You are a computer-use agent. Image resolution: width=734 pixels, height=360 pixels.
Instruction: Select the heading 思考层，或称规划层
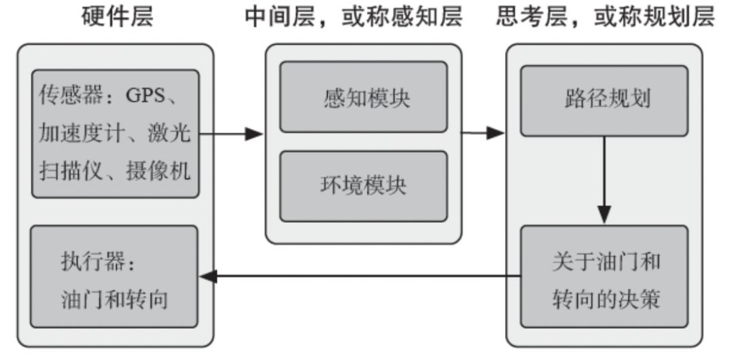coord(604,18)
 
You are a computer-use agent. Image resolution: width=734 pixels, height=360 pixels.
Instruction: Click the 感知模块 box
coord(364,98)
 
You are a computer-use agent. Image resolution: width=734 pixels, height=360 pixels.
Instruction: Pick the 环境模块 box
coord(364,186)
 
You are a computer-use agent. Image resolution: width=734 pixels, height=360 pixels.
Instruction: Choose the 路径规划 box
coord(604,99)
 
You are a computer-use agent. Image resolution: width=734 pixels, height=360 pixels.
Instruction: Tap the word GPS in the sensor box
coord(145,95)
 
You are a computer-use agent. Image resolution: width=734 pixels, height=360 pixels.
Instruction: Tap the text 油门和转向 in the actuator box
coord(113,300)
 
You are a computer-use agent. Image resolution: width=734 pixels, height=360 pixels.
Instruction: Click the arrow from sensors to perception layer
coord(231,134)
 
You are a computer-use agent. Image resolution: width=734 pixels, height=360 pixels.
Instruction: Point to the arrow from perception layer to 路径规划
coord(483,133)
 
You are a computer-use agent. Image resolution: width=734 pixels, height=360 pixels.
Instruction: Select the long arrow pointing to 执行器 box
coord(360,276)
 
